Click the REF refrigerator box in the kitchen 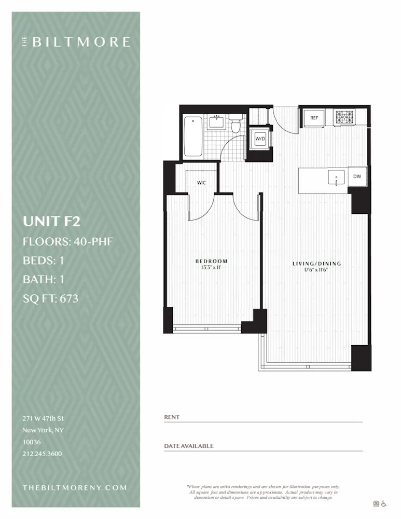(314, 118)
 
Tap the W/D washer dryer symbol (259, 139)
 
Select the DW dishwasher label (357, 176)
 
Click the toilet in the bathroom (236, 125)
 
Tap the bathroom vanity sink (216, 123)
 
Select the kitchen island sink (336, 177)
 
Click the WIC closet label (201, 183)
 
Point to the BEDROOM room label (211, 261)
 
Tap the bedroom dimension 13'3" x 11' (211, 267)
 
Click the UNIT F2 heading (51, 222)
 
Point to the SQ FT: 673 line (50, 298)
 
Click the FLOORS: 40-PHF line (67, 241)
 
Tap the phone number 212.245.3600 (42, 454)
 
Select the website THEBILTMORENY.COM (75, 487)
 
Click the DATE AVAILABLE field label (188, 446)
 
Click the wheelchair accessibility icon (384, 503)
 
